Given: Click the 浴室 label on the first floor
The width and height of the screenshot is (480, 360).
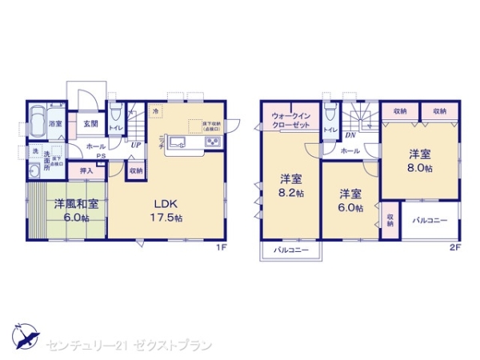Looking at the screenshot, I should click(55, 124).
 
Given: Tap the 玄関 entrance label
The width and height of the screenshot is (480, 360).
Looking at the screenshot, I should click(90, 124).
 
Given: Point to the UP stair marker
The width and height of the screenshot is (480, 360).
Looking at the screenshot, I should click(137, 145).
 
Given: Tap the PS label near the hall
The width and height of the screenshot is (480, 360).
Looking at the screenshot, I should click(101, 156).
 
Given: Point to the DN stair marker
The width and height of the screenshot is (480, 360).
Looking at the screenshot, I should click(350, 136).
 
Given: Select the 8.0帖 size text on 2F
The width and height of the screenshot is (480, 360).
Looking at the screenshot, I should click(421, 170).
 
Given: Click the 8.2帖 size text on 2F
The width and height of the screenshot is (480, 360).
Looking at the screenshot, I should click(291, 193).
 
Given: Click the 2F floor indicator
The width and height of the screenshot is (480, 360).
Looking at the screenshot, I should click(455, 246).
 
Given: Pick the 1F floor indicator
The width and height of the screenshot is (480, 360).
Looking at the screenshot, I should click(222, 246).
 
